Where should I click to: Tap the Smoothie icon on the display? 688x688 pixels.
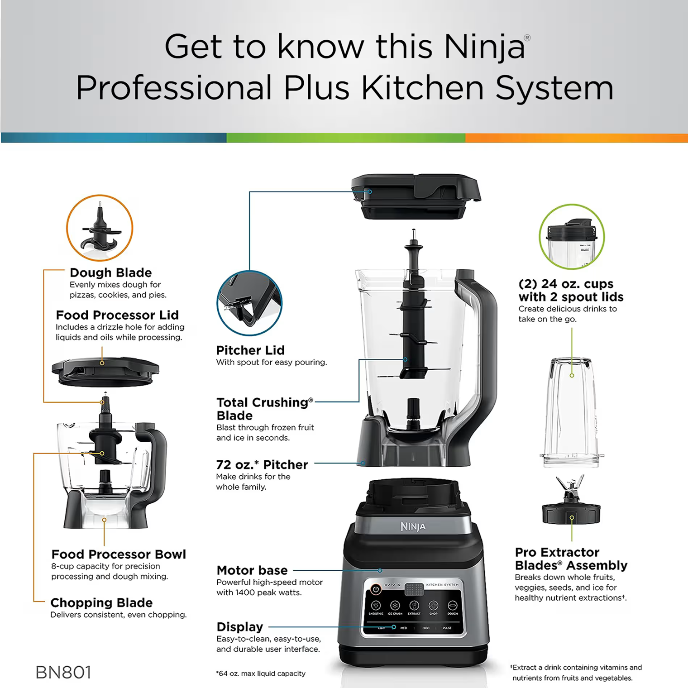pos(376,606)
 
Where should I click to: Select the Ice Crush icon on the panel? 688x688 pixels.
pos(395,606)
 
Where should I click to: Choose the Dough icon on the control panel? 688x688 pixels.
pos(453,606)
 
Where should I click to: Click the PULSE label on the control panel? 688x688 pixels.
pos(447,628)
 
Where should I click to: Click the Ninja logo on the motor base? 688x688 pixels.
pos(413,526)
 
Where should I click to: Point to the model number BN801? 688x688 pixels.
pos(63,673)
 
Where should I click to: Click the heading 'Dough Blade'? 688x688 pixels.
pos(111,272)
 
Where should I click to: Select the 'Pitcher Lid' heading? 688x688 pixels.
pos(250,350)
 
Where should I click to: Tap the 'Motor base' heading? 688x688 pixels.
pos(252,570)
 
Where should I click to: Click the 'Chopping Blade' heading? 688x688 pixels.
pos(101,602)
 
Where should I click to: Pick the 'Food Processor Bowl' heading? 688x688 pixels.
pos(119,554)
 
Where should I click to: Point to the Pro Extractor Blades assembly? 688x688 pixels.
pos(571,500)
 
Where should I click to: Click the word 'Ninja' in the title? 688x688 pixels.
pos(484,47)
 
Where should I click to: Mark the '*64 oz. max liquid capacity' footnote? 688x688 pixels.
pos(261,674)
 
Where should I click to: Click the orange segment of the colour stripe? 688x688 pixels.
pos(577,138)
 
